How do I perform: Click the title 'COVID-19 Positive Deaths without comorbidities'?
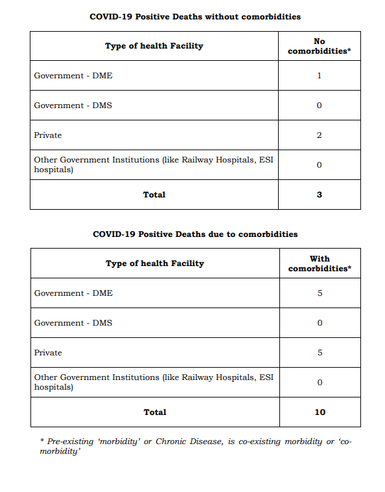[x=195, y=16]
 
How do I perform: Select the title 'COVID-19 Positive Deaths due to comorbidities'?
[x=195, y=234]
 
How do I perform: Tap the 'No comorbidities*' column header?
[x=319, y=46]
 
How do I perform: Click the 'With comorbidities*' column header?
[x=320, y=263]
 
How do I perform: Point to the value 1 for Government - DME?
[x=320, y=76]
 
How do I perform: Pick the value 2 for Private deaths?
[x=320, y=135]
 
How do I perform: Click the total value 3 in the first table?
[x=320, y=194]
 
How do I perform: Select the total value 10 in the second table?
[x=320, y=412]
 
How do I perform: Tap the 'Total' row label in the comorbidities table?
[x=154, y=412]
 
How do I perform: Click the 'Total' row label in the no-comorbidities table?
[x=154, y=194]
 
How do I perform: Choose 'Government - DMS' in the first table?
[x=73, y=106]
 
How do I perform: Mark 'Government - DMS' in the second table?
[x=73, y=323]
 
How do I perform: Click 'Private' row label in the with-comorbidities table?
[x=48, y=353]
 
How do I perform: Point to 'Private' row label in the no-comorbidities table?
[x=48, y=135]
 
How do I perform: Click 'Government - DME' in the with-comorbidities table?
[x=73, y=293]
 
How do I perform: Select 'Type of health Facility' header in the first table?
[x=154, y=46]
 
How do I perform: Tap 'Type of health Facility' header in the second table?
[x=155, y=263]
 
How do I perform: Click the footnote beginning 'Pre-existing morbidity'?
[x=195, y=446]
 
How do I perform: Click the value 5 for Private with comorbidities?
[x=320, y=353]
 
